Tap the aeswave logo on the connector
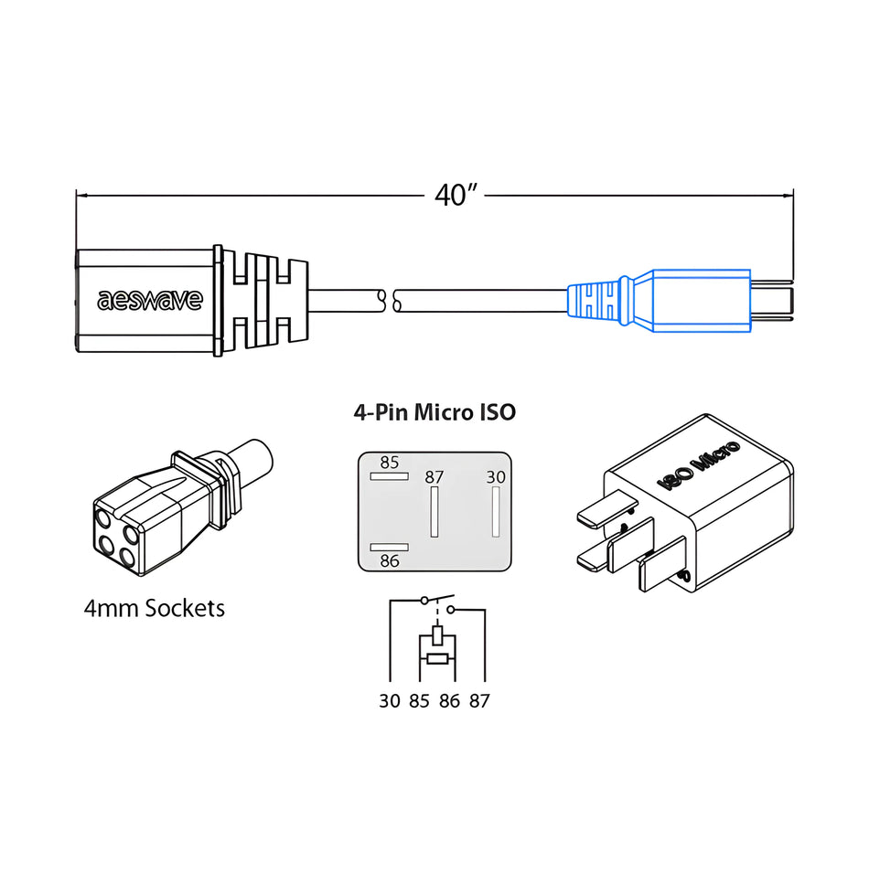coord(150,300)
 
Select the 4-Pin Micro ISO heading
coord(434,412)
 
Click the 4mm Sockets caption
coord(154,608)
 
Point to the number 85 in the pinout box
coord(390,463)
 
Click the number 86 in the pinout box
coord(390,560)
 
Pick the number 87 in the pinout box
coord(434,477)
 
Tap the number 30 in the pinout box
coord(495,477)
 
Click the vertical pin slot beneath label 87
coord(434,512)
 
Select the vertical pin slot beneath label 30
coord(495,512)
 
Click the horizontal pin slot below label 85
coord(389,476)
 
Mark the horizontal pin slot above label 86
coord(389,547)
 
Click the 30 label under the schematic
coord(390,701)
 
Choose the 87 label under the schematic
coord(479,701)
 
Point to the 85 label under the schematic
coord(419,701)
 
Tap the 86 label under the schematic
coord(449,701)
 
